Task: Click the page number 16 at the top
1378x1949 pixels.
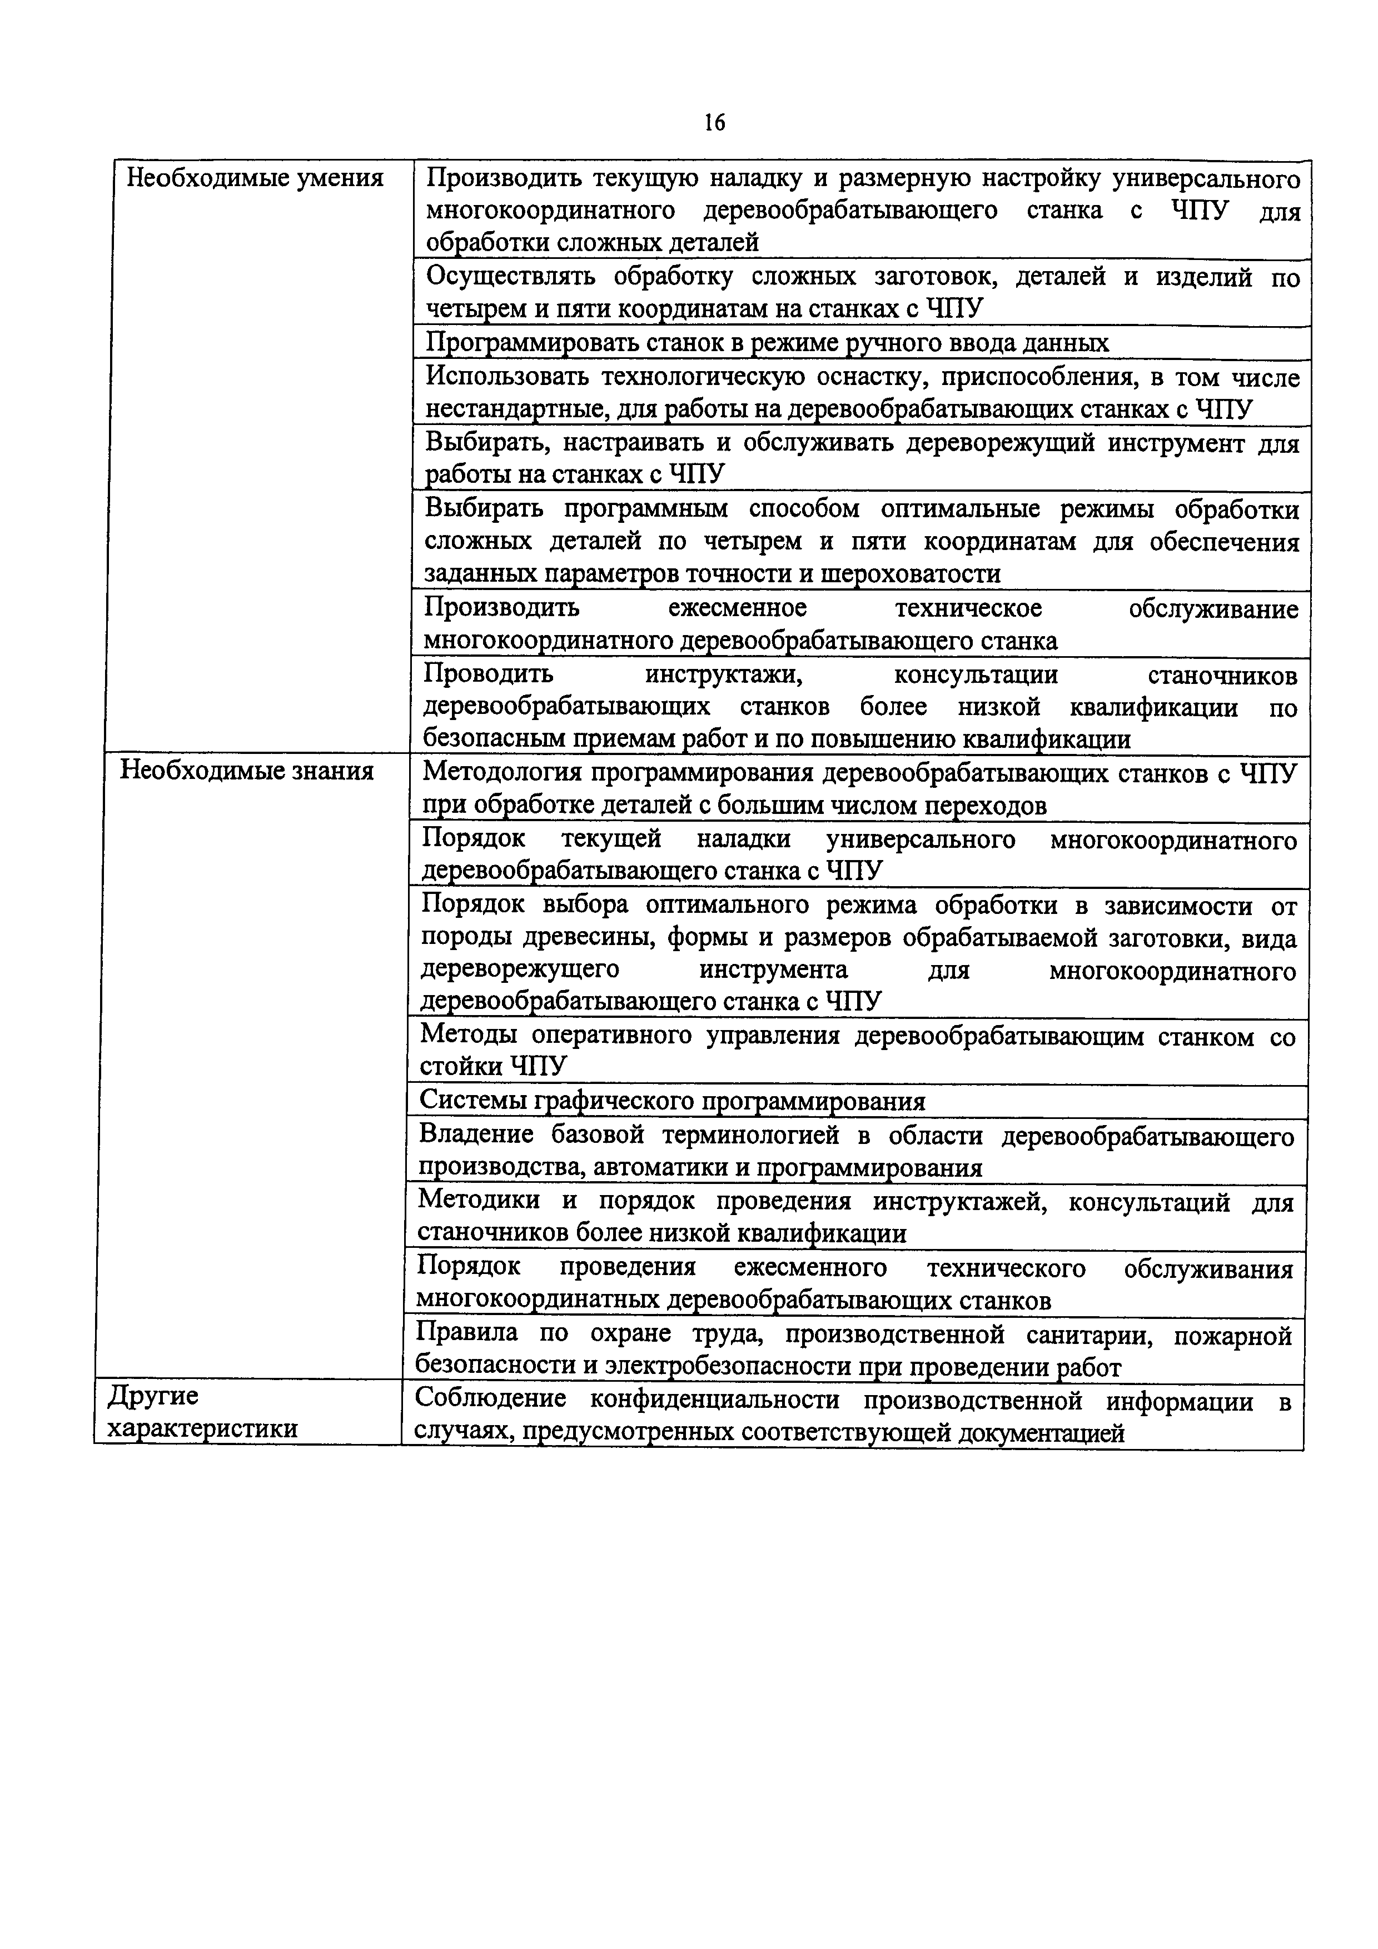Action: (714, 123)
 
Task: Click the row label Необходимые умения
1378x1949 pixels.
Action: (255, 178)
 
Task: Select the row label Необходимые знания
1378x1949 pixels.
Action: (246, 771)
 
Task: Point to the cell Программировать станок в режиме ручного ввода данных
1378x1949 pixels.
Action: (767, 343)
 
